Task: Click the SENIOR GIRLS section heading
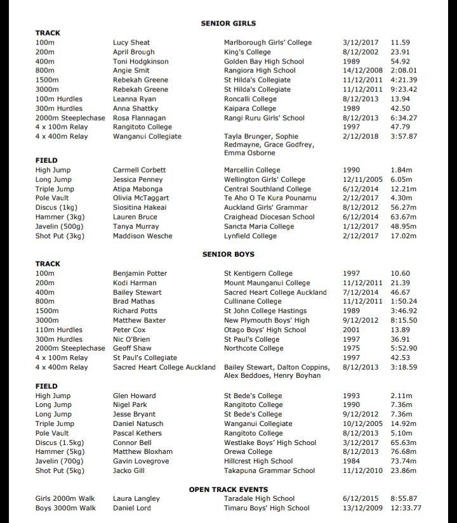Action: [x=228, y=23]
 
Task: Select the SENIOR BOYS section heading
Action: [x=228, y=254]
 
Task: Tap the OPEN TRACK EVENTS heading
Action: [x=228, y=489]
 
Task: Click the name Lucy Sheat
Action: [x=131, y=42]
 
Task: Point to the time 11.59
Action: [x=400, y=42]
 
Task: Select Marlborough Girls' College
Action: [x=268, y=42]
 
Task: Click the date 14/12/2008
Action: [x=364, y=71]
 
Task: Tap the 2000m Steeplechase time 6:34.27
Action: [x=404, y=118]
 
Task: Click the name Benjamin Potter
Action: [x=140, y=273]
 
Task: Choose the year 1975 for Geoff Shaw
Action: [x=351, y=348]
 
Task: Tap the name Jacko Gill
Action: [x=129, y=471]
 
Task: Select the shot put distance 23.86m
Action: [x=404, y=471]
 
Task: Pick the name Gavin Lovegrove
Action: [x=141, y=462]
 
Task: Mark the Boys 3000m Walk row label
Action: [x=65, y=508]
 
